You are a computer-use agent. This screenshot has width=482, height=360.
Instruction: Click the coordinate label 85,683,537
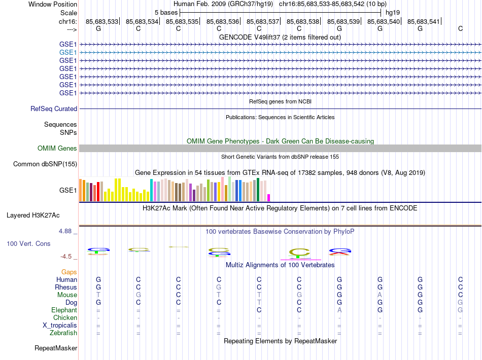(263, 21)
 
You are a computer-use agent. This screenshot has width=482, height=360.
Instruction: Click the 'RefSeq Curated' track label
(54, 109)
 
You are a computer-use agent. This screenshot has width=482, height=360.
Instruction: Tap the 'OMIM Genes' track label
(57, 148)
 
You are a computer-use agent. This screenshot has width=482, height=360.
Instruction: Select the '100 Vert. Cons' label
(28, 243)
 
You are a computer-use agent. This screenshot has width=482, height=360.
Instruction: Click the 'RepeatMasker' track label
(56, 348)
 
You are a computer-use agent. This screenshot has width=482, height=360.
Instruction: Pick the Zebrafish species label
(63, 333)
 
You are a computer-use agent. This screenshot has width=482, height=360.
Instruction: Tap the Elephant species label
(64, 310)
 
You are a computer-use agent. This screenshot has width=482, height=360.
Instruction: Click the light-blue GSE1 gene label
(68, 52)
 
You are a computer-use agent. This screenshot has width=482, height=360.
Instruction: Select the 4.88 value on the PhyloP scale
(66, 231)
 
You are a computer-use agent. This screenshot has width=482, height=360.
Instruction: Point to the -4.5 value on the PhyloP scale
(68, 257)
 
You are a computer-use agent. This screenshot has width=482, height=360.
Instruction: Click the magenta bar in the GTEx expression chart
(269, 198)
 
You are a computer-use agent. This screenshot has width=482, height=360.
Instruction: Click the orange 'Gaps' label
(69, 272)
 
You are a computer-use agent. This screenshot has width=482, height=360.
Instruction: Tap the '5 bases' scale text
(166, 12)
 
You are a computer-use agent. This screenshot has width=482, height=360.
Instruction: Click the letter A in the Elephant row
(339, 310)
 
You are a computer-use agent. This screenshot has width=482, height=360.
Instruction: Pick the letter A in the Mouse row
(380, 295)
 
